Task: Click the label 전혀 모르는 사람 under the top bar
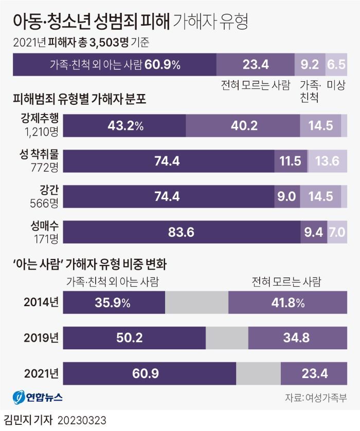pyautogui.click(x=255, y=84)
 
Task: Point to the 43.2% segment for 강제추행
pyautogui.click(x=126, y=125)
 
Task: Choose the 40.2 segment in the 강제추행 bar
pyautogui.click(x=242, y=125)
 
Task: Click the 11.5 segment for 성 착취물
pyautogui.click(x=291, y=161)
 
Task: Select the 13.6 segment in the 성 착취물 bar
pyautogui.click(x=327, y=161)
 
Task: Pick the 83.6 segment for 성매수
pyautogui.click(x=183, y=232)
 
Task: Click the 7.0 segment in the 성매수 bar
pyautogui.click(x=337, y=232)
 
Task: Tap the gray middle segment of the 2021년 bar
pyautogui.click(x=258, y=373)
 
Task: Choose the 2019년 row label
pyautogui.click(x=41, y=338)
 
